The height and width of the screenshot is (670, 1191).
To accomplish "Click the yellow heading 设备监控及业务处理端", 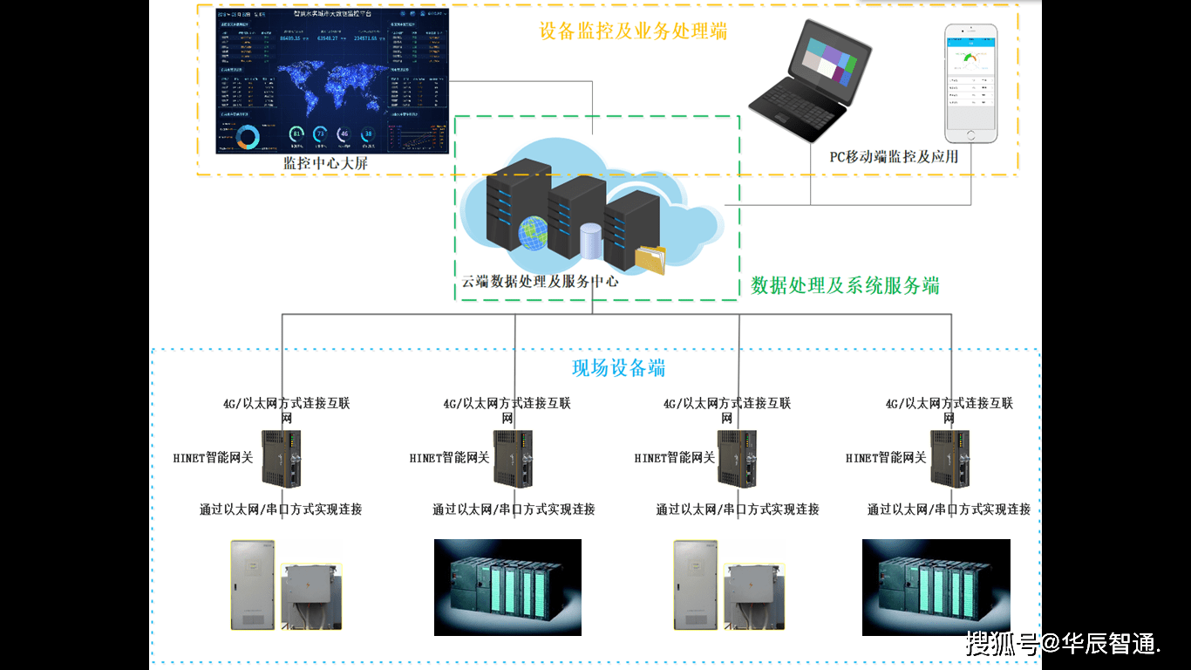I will pos(633,32).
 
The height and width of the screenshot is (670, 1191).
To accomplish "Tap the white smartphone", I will pos(971,84).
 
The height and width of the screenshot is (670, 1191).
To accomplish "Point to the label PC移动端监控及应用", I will pos(894,157).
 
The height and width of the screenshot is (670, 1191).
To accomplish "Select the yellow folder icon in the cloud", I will pos(650,258).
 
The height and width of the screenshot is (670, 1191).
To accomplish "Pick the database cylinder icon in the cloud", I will pos(591,241).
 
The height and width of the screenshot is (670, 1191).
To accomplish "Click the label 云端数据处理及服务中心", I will pos(540,282).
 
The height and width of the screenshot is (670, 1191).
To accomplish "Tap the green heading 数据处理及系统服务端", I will pos(845,285).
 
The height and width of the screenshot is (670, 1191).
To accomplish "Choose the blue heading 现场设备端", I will pos(618,368).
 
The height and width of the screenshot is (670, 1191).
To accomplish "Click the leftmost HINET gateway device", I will pos(282,458).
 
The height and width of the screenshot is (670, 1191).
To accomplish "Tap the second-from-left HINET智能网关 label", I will pos(449,458).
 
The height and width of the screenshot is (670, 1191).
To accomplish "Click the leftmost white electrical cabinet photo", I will pos(252,585).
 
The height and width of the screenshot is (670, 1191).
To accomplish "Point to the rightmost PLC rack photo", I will pos(936,586).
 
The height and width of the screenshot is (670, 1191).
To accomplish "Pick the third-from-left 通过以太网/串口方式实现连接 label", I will pos(738,509).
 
